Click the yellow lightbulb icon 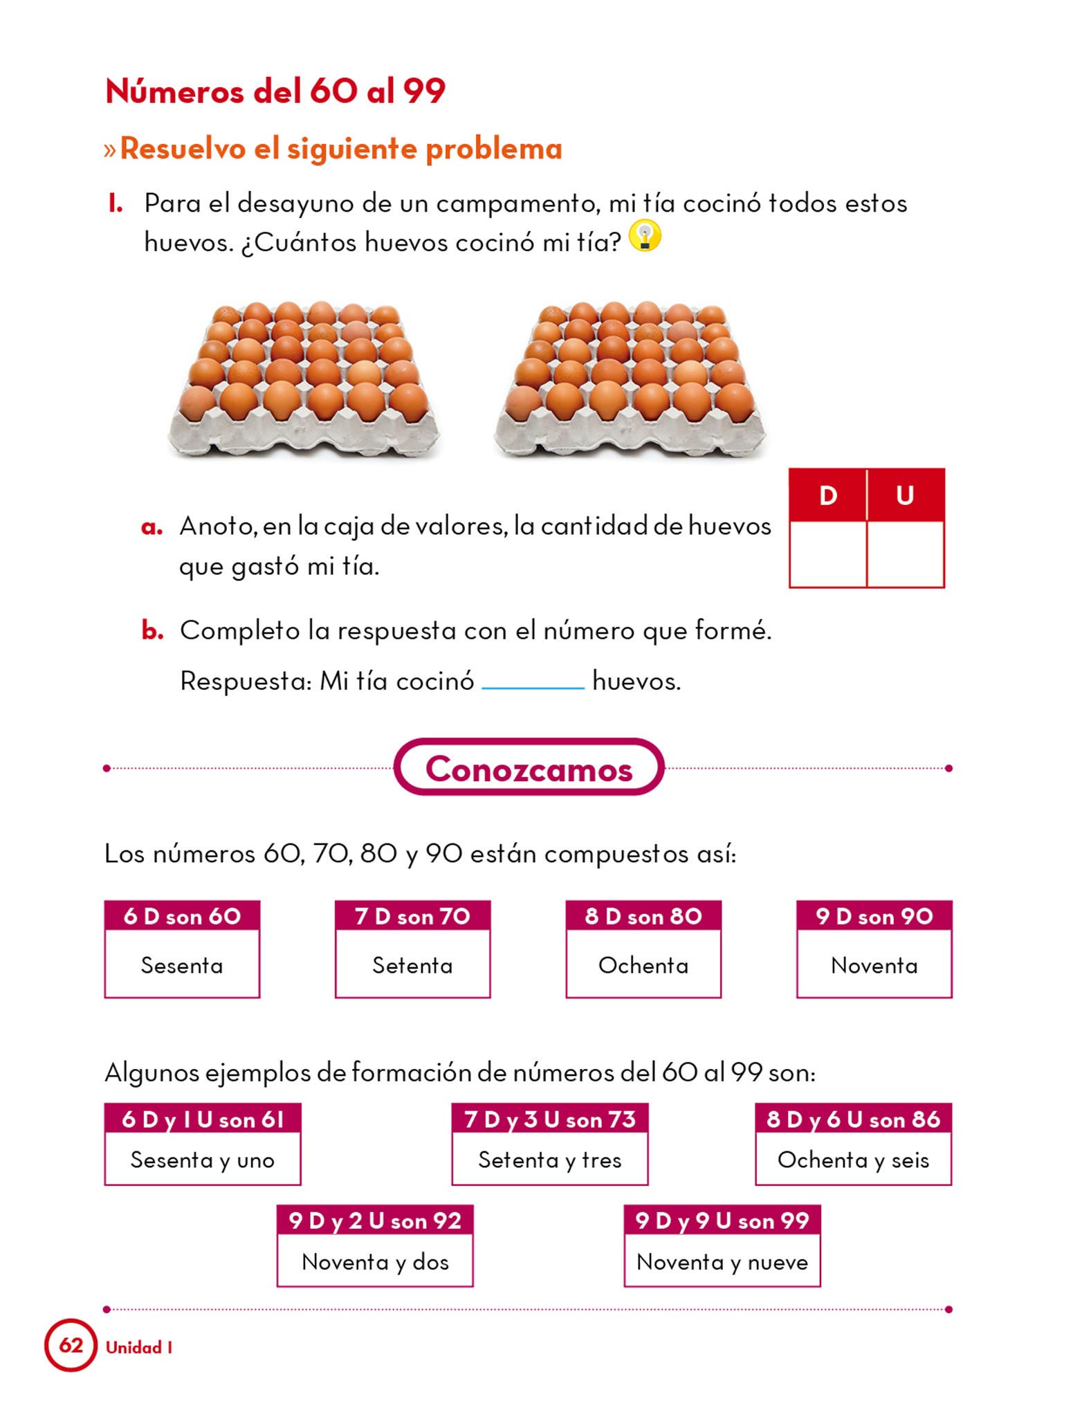[645, 236]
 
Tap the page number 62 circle [71, 1345]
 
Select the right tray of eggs [630, 377]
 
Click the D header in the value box [827, 495]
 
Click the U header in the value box [905, 495]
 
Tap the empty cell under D [827, 554]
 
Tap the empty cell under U [905, 554]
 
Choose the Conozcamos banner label [529, 769]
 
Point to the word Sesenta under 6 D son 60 [182, 965]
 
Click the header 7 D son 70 [412, 917]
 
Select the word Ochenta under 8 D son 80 [643, 965]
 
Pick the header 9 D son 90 [874, 917]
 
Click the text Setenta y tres [550, 1160]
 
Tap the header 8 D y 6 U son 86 [853, 1119]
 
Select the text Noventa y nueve [722, 1263]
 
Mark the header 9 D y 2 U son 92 [375, 1221]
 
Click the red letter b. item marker [152, 631]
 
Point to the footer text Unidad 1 [139, 1347]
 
